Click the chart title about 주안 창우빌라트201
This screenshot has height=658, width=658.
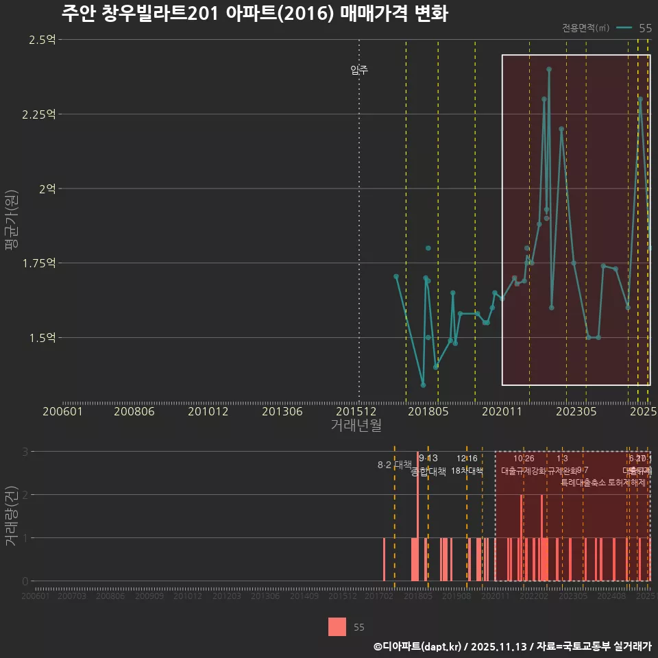click(254, 14)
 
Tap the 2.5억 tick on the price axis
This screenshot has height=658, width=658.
click(42, 40)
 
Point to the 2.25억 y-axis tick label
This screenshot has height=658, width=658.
click(38, 114)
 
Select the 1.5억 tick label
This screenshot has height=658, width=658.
click(42, 338)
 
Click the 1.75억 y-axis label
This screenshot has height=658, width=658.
click(38, 263)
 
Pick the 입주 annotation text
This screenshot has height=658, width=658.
click(359, 70)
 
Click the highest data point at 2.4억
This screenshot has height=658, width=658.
click(549, 69)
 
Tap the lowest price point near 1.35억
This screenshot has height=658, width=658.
click(423, 385)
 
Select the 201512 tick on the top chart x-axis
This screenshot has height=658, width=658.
click(359, 412)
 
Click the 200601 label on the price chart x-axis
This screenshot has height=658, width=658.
click(63, 412)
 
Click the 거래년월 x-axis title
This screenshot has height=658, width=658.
click(356, 426)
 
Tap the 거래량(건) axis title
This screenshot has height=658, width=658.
click(12, 516)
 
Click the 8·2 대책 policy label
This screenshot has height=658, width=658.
click(394, 465)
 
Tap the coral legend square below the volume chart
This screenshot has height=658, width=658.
click(337, 626)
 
